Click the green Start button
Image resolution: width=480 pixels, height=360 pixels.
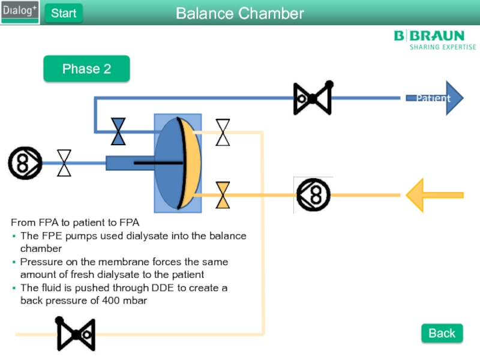pos(64,13)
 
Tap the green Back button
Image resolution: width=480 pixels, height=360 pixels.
pos(442,333)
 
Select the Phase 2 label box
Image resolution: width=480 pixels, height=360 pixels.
pos(86,69)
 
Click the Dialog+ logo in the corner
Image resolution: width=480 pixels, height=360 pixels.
pos(20,12)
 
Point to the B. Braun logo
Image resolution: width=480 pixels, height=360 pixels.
pos(434,40)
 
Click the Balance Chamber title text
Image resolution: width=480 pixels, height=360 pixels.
pos(240,13)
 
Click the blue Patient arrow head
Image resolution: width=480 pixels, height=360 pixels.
pos(453,98)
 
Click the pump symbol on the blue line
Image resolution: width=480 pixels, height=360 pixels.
pos(25,163)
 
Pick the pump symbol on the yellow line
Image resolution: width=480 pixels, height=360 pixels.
pos(314,194)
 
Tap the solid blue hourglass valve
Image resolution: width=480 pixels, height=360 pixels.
pos(119,132)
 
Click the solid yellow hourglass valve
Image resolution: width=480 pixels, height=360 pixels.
pos(223,195)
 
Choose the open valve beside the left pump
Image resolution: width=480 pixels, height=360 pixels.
pos(64,163)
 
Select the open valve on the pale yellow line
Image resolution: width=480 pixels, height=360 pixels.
pos(223,132)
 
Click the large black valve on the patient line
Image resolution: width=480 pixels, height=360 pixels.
pos(313,98)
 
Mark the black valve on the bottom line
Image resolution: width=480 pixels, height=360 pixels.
pos(76,334)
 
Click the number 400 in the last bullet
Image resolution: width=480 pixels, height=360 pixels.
pos(109,301)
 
